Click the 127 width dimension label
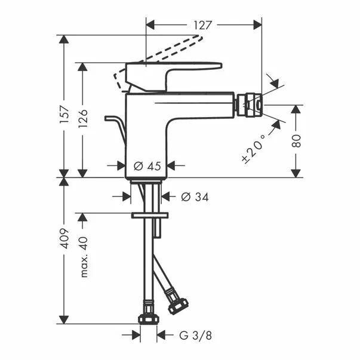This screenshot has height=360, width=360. click(204, 25)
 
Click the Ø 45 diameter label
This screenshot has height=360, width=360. click(147, 167)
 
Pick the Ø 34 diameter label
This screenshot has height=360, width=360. click(188, 196)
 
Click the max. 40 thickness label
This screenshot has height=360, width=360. click(84, 255)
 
